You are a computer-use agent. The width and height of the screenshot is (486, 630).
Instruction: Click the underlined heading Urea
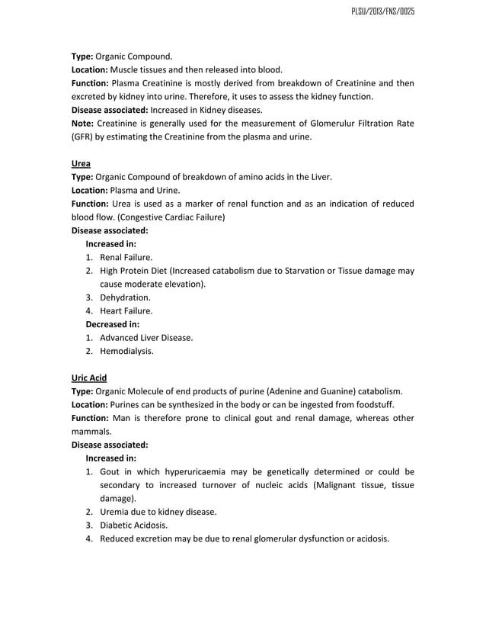tap(82, 163)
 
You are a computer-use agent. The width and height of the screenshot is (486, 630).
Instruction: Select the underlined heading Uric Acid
tap(89, 378)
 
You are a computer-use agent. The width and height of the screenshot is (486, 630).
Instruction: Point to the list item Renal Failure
tap(126, 258)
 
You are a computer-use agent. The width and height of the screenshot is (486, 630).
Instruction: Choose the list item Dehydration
tap(125, 297)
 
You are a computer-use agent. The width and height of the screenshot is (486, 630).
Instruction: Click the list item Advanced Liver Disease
tap(146, 338)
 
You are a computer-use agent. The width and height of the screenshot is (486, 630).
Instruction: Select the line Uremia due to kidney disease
tap(158, 511)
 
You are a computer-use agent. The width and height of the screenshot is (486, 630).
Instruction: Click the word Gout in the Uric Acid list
tap(111, 471)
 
